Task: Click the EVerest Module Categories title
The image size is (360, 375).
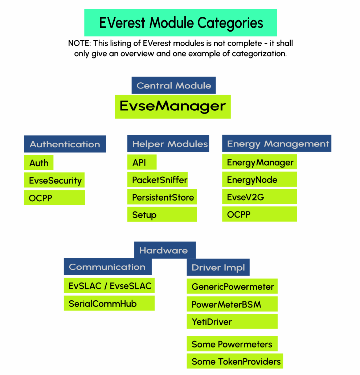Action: point(180,22)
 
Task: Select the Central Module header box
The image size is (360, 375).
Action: point(173,86)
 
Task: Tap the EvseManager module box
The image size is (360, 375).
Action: point(173,107)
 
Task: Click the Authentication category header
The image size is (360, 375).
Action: point(65,144)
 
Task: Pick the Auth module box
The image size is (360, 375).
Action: point(39,163)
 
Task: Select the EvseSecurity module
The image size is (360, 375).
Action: point(54,180)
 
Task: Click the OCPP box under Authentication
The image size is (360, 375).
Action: point(54,198)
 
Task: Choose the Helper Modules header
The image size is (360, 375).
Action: point(168,144)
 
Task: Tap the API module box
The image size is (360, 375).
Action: point(142,162)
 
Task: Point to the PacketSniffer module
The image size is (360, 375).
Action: point(157,180)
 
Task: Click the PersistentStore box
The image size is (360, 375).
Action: point(162,197)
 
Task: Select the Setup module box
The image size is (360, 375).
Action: point(162,214)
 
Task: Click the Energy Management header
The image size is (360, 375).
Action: point(277,144)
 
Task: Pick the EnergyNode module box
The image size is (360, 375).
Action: point(259,180)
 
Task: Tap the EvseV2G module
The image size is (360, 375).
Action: point(259,197)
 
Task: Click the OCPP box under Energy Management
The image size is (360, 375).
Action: point(259,214)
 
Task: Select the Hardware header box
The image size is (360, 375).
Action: point(165,250)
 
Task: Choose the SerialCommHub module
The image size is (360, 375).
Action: point(109,303)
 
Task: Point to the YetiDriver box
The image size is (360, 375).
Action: point(232,321)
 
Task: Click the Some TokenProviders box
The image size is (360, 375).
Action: point(234,361)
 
